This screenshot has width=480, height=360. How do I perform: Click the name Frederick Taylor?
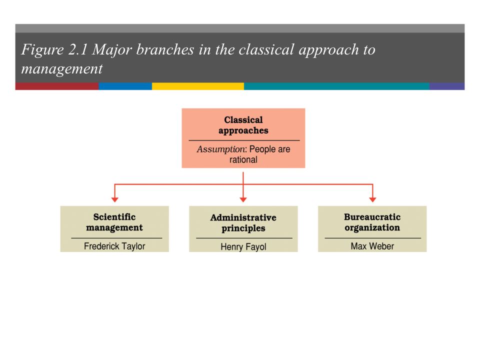114,246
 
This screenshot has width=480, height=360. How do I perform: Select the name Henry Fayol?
243,246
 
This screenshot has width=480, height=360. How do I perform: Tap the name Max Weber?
372,246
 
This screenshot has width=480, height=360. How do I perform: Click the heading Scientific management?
114,222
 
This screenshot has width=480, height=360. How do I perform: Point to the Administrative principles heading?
243,223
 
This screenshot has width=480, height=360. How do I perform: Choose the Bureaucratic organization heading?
372,222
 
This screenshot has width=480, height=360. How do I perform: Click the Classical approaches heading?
243,125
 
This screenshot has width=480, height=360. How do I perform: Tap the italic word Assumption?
221,149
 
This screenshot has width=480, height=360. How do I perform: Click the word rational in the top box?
243,159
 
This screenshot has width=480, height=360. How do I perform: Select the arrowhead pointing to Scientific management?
115,199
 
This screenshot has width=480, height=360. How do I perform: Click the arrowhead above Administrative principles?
243,199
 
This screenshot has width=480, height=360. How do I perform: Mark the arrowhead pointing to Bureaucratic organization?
372,199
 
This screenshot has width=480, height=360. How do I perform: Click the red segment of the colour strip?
57,86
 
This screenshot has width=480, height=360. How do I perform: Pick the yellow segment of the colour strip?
198,86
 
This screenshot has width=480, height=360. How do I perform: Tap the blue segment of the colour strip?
125,86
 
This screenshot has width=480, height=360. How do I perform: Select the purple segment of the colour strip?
447,86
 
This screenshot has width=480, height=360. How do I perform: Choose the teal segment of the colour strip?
336,86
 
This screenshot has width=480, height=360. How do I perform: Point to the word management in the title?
62,69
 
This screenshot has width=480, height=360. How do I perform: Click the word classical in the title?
266,49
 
